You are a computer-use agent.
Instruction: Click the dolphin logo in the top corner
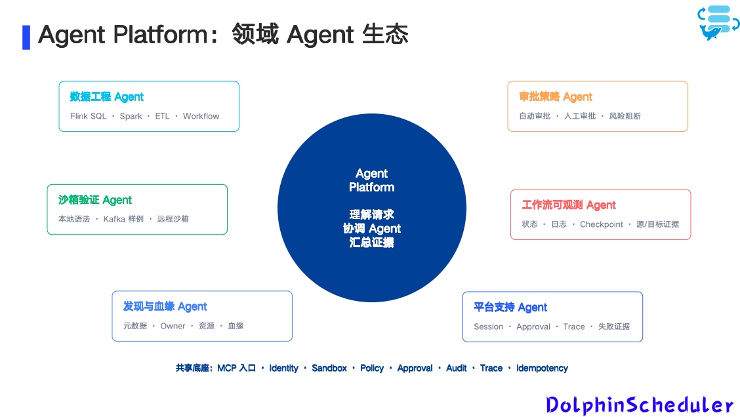point(718,23)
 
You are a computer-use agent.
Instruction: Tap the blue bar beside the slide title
point(26,37)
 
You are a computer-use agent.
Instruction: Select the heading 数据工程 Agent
point(107,96)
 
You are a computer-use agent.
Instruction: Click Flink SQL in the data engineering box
point(89,116)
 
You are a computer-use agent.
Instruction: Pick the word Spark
point(131,116)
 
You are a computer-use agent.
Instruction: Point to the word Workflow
point(201,116)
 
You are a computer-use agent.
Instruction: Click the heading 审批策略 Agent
point(556,96)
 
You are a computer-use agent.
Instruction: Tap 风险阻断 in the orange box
point(625,116)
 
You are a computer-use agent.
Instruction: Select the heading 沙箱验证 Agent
point(95,200)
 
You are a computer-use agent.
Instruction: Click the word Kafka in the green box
point(114,219)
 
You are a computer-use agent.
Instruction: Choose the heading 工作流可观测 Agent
point(569,205)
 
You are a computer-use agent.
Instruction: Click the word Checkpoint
point(601,224)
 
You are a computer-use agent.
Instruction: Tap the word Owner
point(173,326)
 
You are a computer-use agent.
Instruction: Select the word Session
point(489,327)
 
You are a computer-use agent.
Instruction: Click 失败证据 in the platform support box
point(614,327)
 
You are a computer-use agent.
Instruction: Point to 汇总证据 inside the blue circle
point(371,243)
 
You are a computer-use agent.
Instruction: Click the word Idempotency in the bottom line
point(542,368)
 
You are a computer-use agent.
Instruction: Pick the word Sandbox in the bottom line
point(329,368)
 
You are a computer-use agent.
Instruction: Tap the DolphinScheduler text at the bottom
point(640,405)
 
